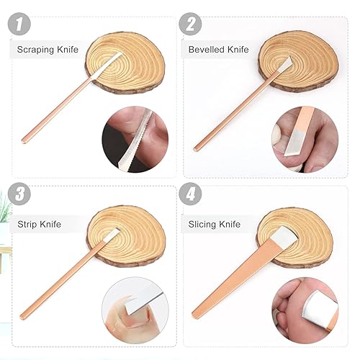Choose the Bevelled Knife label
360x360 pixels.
217,49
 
